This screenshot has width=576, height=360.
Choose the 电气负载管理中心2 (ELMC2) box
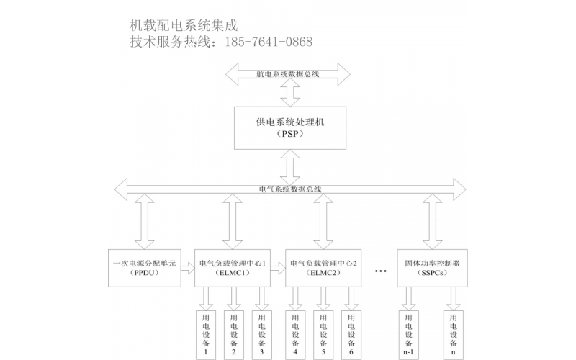(323, 268)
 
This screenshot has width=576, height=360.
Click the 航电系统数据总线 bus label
(288, 73)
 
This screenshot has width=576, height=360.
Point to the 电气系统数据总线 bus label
(290, 189)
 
